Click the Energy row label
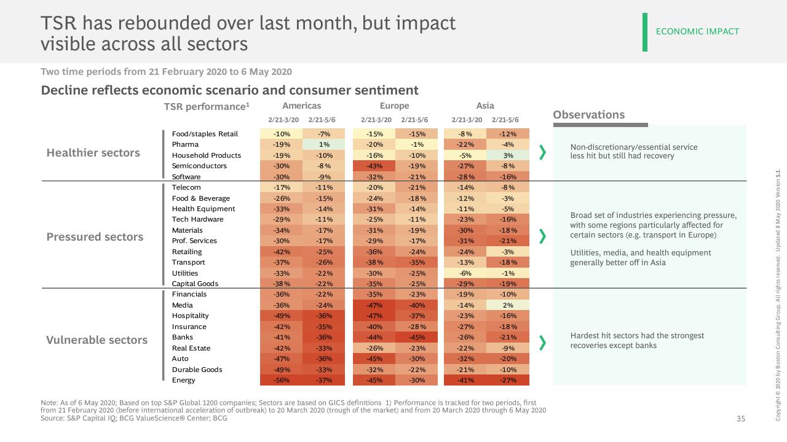(183, 380)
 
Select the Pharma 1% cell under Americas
(323, 144)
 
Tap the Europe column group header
(394, 106)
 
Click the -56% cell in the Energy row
(282, 380)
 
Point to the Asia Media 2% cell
(508, 305)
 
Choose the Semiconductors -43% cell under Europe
(374, 166)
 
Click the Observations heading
(589, 115)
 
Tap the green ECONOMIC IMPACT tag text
(697, 31)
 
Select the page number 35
(741, 419)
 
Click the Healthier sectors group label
(93, 153)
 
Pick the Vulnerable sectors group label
(97, 340)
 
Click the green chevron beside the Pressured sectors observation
(543, 236)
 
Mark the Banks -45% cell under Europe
(416, 338)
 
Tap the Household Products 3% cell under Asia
(508, 155)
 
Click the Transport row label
(188, 262)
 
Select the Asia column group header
(485, 106)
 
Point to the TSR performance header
(207, 107)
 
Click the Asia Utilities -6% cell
(465, 273)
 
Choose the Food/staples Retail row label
(205, 134)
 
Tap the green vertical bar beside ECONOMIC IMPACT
(645, 33)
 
